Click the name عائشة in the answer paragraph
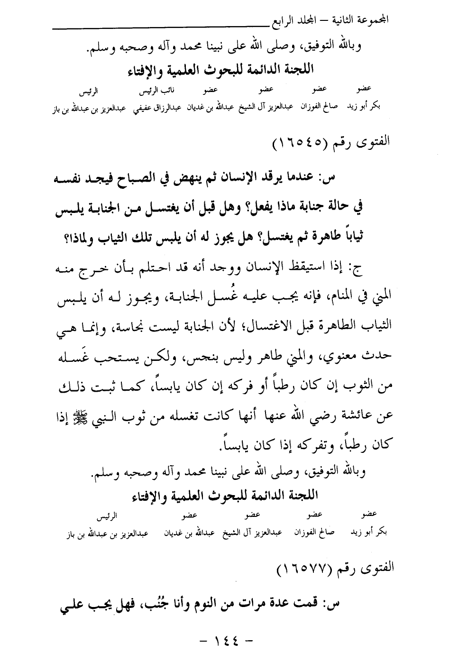[x=360, y=414]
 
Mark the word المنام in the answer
[x=337, y=298]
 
